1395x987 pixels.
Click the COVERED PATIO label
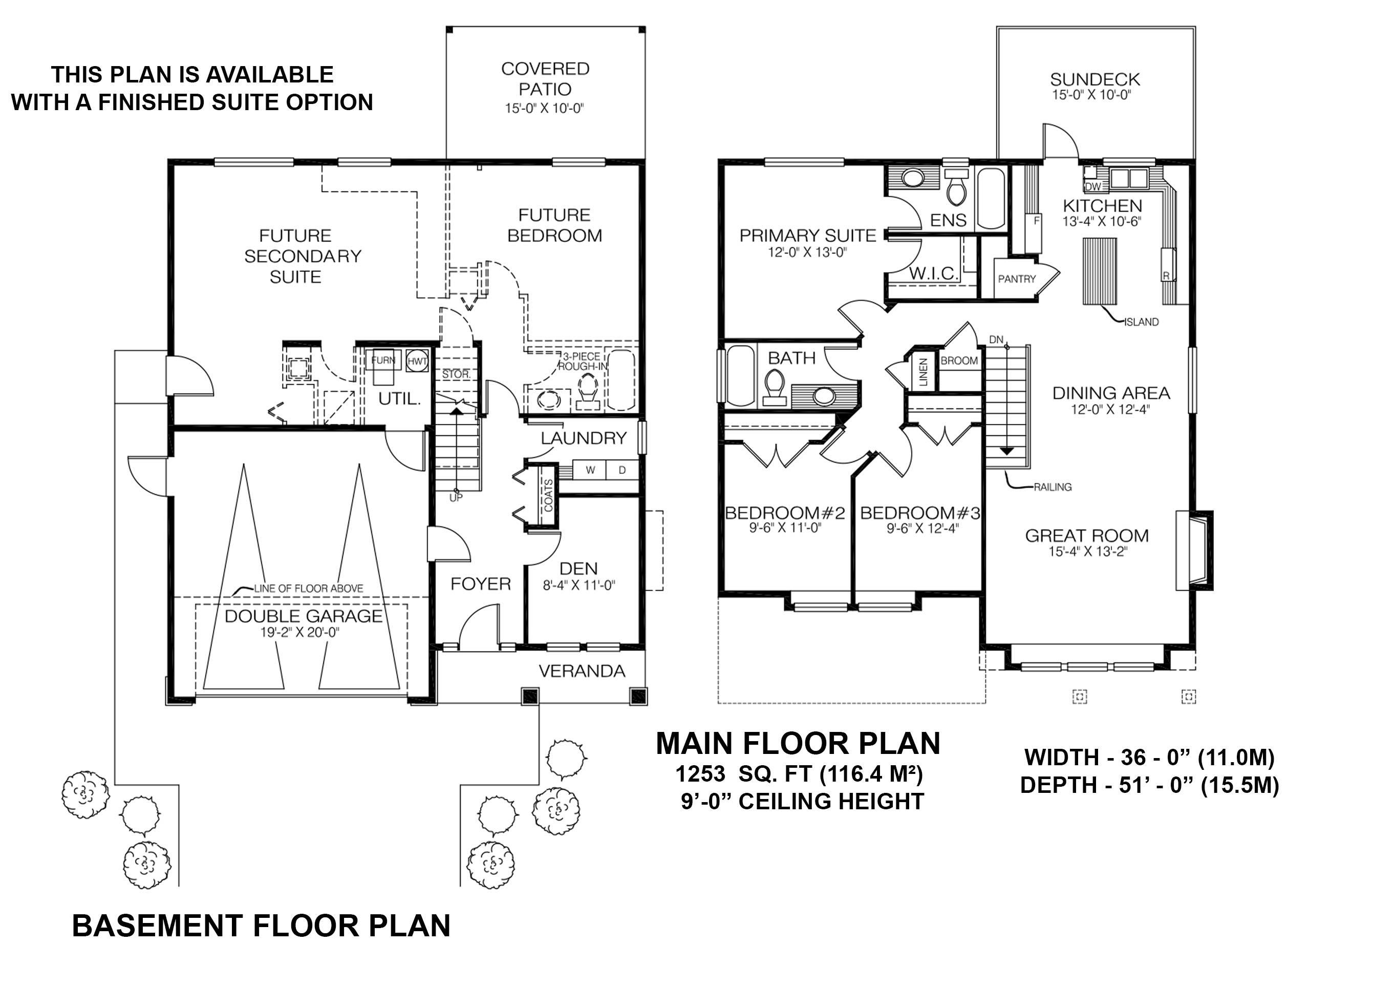[x=545, y=79]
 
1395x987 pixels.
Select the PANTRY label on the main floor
[x=1017, y=279]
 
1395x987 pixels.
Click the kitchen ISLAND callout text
[x=1141, y=322]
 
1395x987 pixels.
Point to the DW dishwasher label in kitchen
[x=1092, y=186]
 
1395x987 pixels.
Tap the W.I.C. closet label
[x=934, y=274]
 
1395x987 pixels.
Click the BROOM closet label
[x=959, y=361]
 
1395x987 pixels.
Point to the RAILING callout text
[x=1053, y=487]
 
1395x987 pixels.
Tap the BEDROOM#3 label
[x=920, y=514]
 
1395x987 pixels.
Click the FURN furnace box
[x=383, y=361]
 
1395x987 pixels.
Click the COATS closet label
[x=548, y=495]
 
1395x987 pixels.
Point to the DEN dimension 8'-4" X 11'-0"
[x=579, y=586]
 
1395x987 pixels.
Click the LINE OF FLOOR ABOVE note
[x=308, y=589]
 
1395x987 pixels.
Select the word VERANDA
[x=582, y=671]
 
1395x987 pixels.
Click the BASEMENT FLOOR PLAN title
[x=261, y=926]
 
